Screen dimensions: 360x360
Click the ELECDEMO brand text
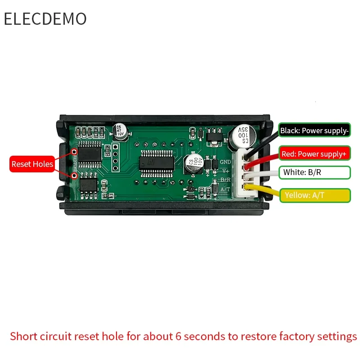click(45, 19)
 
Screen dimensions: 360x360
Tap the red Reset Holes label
click(32, 164)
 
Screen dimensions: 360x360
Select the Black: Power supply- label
click(314, 131)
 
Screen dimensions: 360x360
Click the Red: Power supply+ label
click(314, 154)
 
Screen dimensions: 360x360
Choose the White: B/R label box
click(314, 172)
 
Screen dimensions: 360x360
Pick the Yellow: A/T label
click(314, 195)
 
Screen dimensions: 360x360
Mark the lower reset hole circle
click(74, 176)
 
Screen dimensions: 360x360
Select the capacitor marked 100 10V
click(193, 163)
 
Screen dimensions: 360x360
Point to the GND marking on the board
click(225, 162)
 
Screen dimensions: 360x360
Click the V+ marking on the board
click(225, 171)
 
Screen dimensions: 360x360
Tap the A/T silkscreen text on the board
click(225, 189)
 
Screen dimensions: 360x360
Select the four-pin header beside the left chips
click(116, 157)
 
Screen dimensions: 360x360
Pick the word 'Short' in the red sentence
click(22, 336)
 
